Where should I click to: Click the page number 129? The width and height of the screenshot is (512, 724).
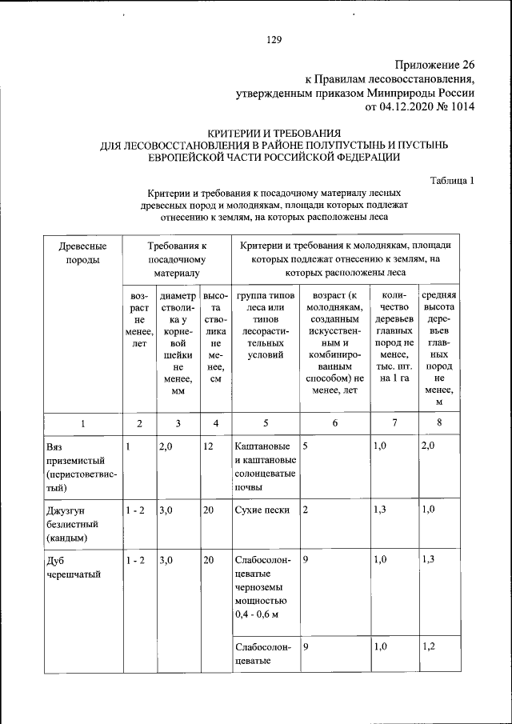pos(274,39)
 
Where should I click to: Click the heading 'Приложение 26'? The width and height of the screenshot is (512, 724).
pos(435,64)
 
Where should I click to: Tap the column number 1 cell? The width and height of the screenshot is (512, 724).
pos(82,422)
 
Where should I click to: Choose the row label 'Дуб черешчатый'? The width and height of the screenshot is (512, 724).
pos(69,567)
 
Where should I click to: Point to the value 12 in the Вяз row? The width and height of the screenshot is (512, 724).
pos(208,446)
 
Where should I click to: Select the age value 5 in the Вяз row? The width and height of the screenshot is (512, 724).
pos(306,446)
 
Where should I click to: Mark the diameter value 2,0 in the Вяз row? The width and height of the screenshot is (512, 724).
pos(166,446)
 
